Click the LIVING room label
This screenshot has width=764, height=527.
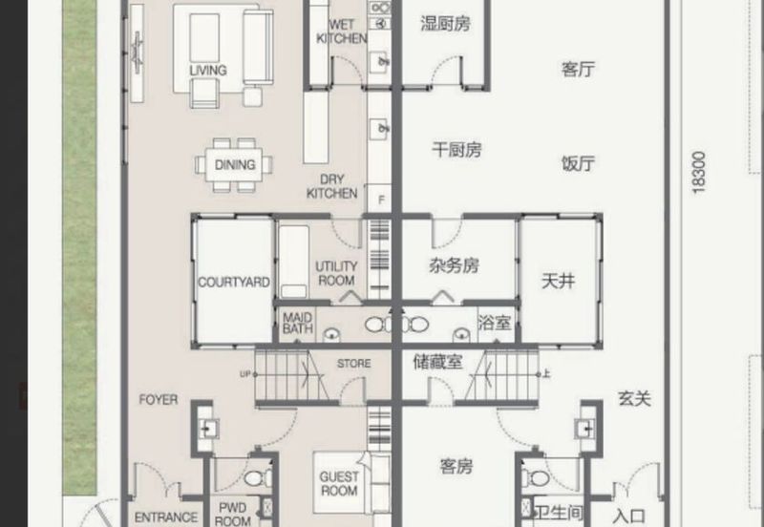[208, 70]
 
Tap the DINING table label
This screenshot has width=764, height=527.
[235, 164]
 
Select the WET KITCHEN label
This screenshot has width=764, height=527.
[342, 32]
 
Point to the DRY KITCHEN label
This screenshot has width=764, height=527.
[331, 186]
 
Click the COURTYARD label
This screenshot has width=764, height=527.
[234, 283]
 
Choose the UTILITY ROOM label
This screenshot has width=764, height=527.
[336, 273]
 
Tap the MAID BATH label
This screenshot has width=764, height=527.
[297, 323]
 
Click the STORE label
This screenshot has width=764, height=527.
[353, 364]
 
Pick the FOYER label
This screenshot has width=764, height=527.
[159, 400]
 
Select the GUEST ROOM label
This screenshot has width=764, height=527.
[339, 483]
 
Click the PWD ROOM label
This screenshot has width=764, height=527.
[232, 515]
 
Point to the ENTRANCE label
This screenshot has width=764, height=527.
[165, 517]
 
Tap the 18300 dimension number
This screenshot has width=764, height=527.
[698, 173]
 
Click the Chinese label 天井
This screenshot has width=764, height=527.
[559, 281]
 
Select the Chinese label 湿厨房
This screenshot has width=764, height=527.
[445, 23]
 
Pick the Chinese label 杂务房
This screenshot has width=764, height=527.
[454, 265]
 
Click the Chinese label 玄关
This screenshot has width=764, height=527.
[634, 398]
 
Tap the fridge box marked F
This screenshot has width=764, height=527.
[381, 200]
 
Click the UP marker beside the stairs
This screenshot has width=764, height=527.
[245, 374]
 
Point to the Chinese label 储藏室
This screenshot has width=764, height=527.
[437, 362]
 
